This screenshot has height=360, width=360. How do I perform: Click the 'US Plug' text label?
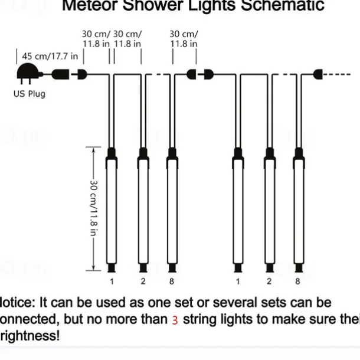[29, 94]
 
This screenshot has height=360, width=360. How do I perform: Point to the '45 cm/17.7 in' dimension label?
[50, 56]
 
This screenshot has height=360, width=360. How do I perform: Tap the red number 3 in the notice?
[175, 320]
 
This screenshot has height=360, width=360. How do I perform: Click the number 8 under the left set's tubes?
[172, 282]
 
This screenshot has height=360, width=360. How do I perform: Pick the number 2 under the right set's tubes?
[269, 282]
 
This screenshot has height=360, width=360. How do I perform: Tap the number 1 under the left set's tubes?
[111, 282]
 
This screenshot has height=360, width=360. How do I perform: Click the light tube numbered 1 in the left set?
[111, 212]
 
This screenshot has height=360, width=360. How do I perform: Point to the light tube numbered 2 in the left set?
[142, 212]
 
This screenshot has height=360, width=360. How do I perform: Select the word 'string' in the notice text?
[201, 320]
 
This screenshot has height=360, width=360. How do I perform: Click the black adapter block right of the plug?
[61, 75]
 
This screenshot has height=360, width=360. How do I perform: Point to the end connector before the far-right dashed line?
[319, 75]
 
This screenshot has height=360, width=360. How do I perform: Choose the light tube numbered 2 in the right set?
[269, 212]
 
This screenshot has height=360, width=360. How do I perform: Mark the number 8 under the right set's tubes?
[298, 282]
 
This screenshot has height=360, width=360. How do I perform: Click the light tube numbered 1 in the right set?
[238, 212]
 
